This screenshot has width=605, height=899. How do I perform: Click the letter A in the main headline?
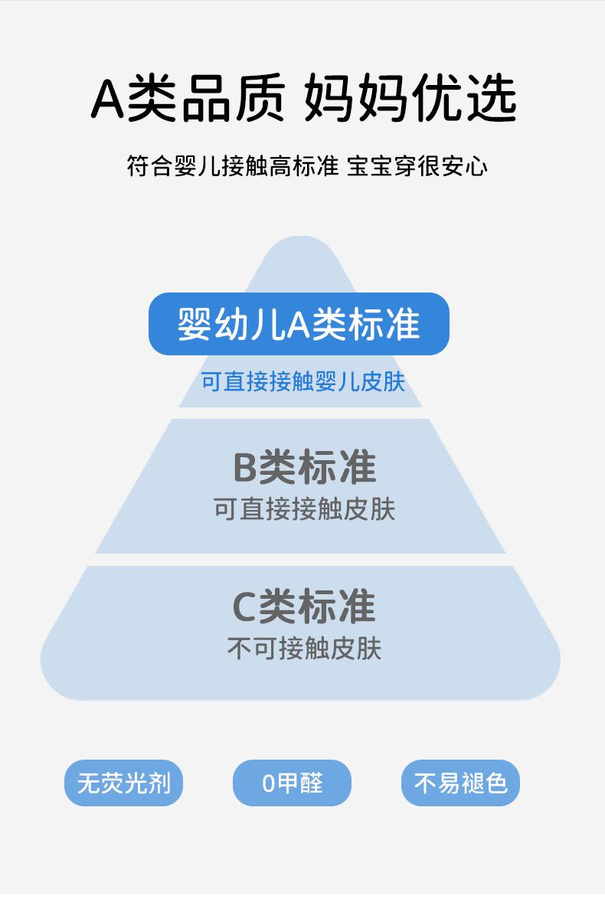coord(108,100)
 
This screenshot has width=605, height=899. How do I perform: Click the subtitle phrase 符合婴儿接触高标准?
coord(232,166)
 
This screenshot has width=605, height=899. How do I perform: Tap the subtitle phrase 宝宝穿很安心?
coord(417,166)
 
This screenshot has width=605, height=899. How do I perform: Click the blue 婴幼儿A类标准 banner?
coord(299,324)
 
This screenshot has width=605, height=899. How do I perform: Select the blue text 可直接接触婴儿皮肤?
coord(302,381)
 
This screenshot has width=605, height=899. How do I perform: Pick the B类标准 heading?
coord(304,467)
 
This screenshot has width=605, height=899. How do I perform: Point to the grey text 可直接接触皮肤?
coord(304,509)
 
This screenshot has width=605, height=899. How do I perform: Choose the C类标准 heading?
coord(304,606)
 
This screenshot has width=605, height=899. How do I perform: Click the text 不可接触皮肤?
coord(304,649)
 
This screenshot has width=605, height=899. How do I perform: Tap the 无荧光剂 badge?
coord(123,783)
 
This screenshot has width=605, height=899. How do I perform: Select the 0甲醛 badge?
coord(292,783)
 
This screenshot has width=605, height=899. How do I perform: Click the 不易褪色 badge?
coord(460,783)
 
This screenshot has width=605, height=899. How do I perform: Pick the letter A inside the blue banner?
coord(298,325)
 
